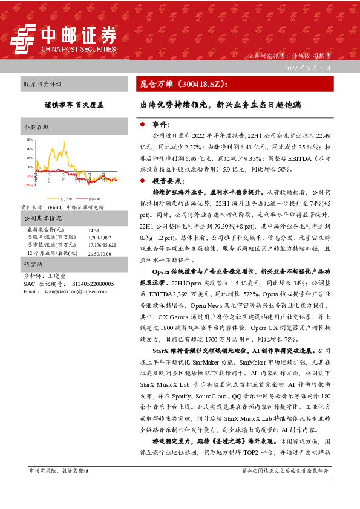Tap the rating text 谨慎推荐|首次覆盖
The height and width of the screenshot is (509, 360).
tap(72, 104)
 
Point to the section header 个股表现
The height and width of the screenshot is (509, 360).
tap(36, 128)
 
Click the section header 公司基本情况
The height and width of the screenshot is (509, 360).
tap(42, 218)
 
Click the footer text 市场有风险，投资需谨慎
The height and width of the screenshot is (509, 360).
tap(59, 470)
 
